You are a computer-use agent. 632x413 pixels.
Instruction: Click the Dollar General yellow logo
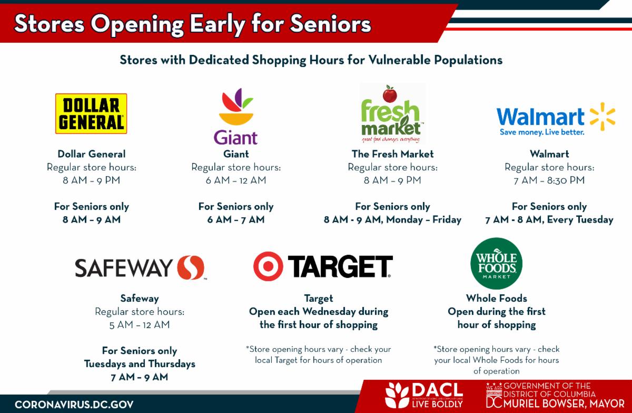click(91, 113)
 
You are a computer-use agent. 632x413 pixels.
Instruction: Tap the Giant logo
click(236, 117)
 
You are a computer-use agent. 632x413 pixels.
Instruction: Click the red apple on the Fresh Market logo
click(390, 94)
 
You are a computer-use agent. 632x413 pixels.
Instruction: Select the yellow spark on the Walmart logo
click(603, 117)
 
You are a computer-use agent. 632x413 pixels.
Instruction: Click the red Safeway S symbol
click(191, 267)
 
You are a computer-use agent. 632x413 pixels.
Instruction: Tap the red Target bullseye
click(268, 266)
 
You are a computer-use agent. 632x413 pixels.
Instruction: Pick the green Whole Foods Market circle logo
click(496, 263)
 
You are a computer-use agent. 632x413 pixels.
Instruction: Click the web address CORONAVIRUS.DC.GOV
click(74, 405)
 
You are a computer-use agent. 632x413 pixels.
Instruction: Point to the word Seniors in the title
click(330, 24)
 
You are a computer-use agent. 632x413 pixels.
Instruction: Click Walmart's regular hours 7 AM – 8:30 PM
click(549, 180)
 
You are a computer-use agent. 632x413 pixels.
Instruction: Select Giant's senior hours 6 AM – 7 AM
click(236, 219)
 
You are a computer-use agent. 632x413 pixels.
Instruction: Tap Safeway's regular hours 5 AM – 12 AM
click(140, 325)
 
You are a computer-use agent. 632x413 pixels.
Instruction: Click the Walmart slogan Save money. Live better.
click(542, 132)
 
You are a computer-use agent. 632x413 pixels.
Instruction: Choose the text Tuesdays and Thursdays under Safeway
click(140, 364)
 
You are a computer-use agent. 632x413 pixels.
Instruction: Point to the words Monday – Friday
click(424, 220)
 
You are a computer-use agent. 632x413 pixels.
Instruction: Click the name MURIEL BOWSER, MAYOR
click(564, 404)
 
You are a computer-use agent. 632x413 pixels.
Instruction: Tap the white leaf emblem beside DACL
click(397, 395)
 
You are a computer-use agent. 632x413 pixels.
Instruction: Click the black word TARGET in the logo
click(340, 266)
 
